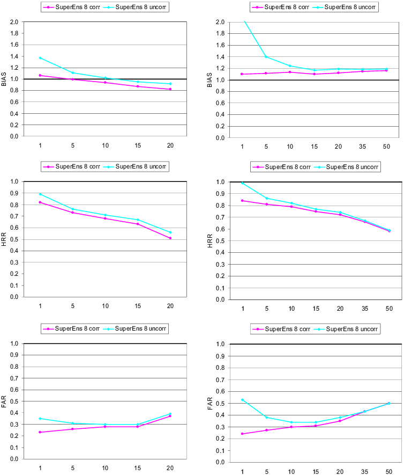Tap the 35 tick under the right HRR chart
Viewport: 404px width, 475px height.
click(362, 309)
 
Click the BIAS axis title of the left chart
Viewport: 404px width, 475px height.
click(4, 79)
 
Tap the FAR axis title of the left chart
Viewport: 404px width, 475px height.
click(4, 401)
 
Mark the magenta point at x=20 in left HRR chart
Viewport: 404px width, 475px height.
click(170, 238)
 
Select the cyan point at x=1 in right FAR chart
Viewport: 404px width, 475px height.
click(243, 400)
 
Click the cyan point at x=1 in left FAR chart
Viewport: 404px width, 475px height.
click(40, 419)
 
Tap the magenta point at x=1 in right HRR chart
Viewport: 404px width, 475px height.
click(243, 201)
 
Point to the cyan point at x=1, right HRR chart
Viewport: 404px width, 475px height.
click(243, 183)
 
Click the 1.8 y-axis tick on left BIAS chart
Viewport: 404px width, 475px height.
click(14, 33)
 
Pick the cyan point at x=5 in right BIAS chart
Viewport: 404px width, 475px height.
click(267, 57)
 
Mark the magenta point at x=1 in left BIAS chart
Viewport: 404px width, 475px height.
click(40, 76)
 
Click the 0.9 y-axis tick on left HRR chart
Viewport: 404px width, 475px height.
click(14, 193)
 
